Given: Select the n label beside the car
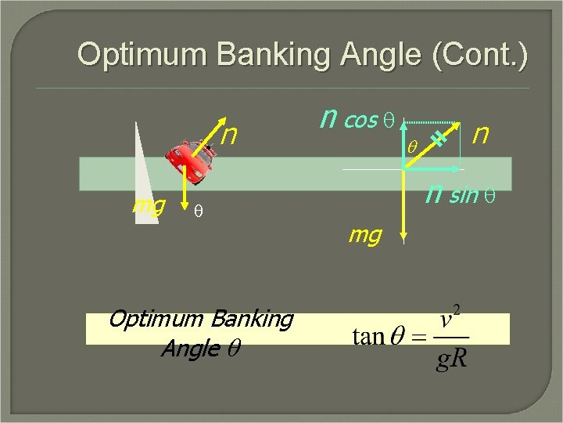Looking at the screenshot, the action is tap(229, 136).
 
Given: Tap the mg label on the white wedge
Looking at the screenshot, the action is tap(149, 205).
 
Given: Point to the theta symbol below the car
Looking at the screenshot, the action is tap(199, 211).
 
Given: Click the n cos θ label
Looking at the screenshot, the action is tap(349, 119).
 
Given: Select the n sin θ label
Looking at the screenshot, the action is tap(451, 193).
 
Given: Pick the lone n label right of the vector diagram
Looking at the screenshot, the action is tap(481, 135).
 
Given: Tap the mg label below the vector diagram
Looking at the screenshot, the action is tap(365, 233).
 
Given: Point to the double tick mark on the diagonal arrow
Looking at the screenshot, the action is tap(440, 138).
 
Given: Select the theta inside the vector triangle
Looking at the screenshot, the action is tap(414, 146).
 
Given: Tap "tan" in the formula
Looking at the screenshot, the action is tap(368, 337).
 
